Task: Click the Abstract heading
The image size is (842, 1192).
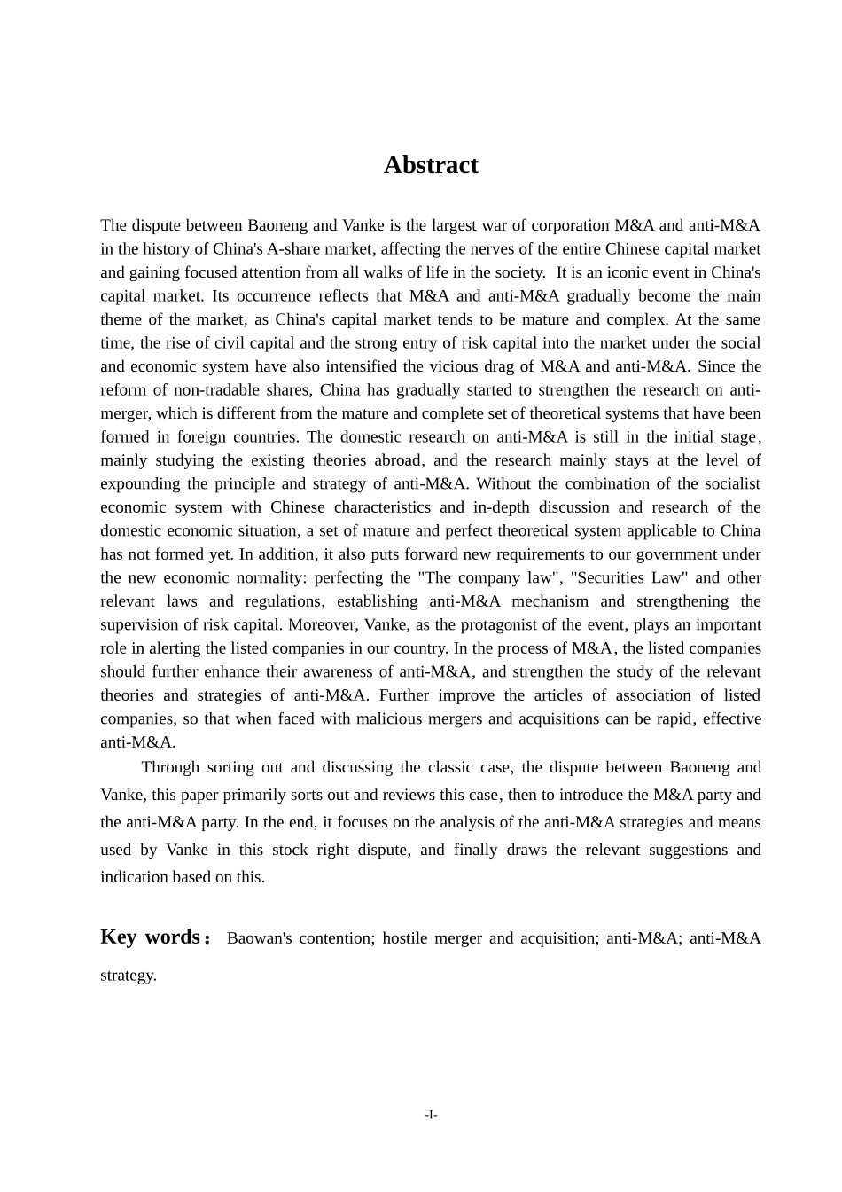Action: pyautogui.click(x=431, y=165)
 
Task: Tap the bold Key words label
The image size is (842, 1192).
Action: pyautogui.click(x=151, y=937)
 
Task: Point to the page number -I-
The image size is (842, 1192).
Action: pyautogui.click(x=431, y=1115)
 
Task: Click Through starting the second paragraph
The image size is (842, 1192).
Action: pyautogui.click(x=170, y=768)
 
